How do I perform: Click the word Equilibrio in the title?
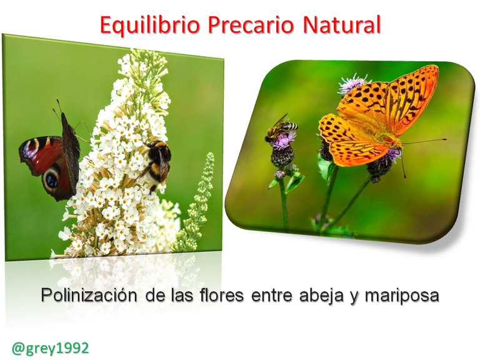tap(150, 25)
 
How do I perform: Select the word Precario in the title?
tap(251, 24)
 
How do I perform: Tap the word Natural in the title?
tap(342, 24)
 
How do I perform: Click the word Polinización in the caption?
tap(89, 295)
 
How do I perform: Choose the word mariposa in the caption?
tap(402, 296)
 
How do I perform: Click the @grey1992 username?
tap(50, 348)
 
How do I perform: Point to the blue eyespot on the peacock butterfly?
tap(51, 181)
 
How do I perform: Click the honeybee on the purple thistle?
tap(280, 129)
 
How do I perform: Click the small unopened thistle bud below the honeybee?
tap(279, 174)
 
